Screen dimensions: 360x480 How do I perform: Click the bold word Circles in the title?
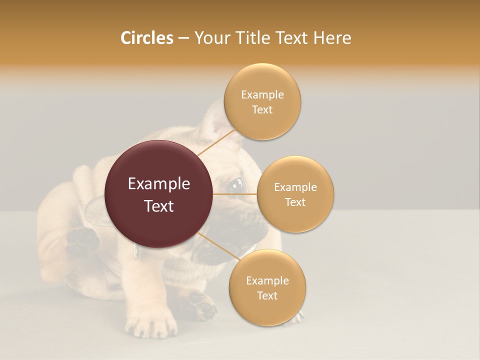[x=146, y=38]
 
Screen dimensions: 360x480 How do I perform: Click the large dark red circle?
[x=159, y=194]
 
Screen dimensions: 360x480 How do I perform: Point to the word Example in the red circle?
[x=159, y=184]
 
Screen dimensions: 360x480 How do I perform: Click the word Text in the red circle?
[x=159, y=206]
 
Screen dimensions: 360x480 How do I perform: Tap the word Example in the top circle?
[x=262, y=95]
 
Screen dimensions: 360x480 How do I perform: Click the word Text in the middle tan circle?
[x=295, y=202]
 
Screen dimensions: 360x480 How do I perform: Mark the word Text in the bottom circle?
[x=267, y=296]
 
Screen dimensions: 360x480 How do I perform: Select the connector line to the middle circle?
[x=235, y=194]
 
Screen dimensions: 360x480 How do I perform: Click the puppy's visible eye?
[x=236, y=184]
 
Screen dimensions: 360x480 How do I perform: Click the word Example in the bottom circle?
[x=267, y=281]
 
